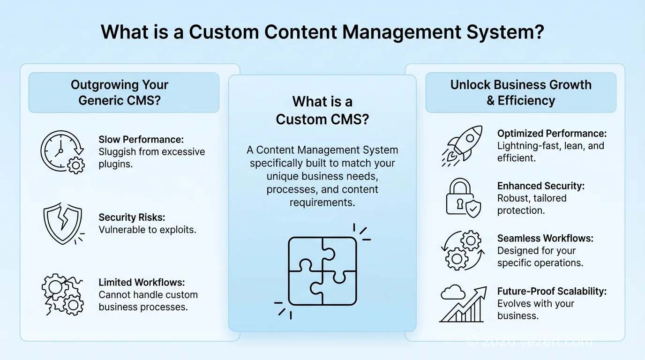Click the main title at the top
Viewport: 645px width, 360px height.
pos(322,32)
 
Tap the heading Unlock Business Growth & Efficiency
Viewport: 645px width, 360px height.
pos(521,92)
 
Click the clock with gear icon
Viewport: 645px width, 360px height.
pos(62,152)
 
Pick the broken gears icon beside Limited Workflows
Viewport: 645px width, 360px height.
pos(62,295)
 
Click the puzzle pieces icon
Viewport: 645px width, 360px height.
pos(322,270)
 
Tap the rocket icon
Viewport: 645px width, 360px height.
pos(462,145)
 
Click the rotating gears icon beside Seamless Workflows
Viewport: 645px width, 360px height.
pos(461,250)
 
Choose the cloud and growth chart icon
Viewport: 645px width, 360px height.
pos(462,304)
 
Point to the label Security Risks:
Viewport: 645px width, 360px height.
pos(132,217)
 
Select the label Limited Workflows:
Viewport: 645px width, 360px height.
pos(142,282)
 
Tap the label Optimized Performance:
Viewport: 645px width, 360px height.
pos(552,134)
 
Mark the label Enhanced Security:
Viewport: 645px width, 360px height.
pos(540,186)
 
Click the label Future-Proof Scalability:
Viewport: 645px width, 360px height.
pos(552,291)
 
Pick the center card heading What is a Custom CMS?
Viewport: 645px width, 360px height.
pos(322,110)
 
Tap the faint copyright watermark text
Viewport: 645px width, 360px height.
pos(530,342)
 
